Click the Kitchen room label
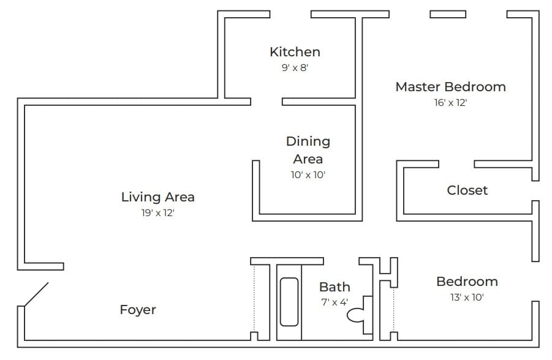coord(295,52)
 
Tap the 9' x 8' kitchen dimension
coord(295,68)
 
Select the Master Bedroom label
coord(450,87)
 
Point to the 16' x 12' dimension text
coord(450,103)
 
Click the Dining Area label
coord(308,150)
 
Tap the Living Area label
coord(157,197)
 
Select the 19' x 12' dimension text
coord(157,213)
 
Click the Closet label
coord(467,190)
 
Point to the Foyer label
coord(138,310)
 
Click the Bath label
coord(335,287)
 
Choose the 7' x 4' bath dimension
coord(335,302)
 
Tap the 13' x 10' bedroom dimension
coord(467,298)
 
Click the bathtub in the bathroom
coord(289,302)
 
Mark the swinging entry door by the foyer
coord(36,294)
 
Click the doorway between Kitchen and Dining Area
coord(266,101)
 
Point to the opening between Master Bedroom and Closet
coord(456,164)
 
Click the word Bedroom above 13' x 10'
coord(467,282)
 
